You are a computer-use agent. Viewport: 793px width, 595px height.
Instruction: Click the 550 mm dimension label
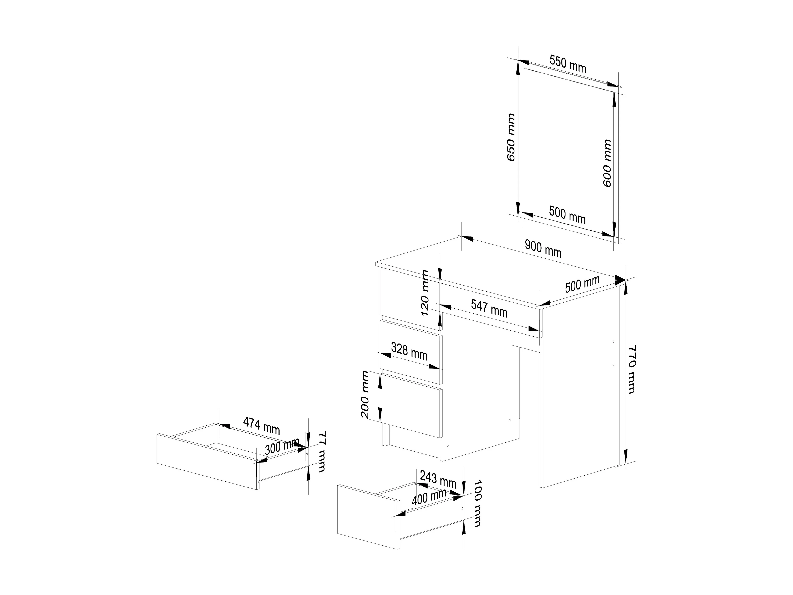tap(568, 64)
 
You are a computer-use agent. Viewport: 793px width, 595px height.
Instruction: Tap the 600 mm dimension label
tap(607, 163)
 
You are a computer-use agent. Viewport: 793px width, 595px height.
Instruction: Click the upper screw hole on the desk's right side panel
tap(613, 342)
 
